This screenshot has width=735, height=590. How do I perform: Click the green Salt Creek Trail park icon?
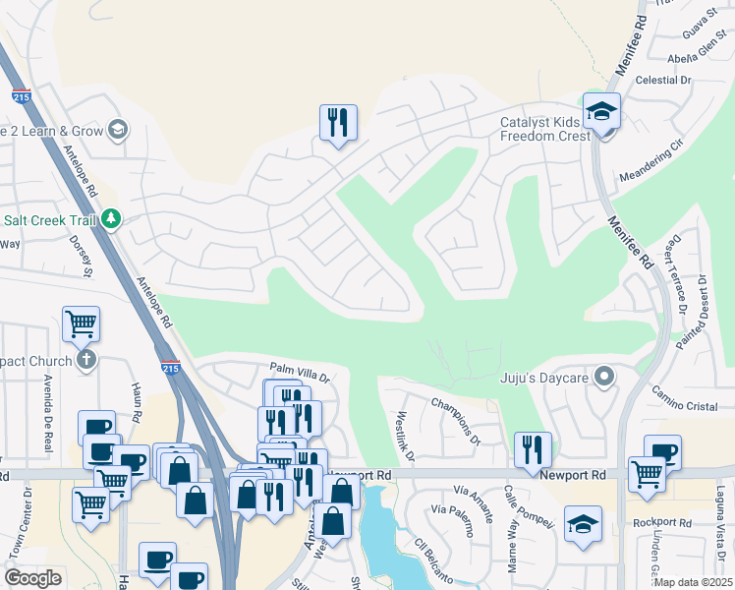click(x=112, y=218)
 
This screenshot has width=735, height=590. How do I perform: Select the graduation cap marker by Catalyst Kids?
click(x=600, y=112)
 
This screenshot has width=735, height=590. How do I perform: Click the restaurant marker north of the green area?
click(x=338, y=123)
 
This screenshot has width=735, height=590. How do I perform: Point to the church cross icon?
click(x=86, y=360)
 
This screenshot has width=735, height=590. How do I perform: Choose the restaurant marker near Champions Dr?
click(x=533, y=450)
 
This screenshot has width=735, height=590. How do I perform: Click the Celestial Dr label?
click(x=664, y=80)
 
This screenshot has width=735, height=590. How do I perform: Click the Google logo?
click(x=32, y=578)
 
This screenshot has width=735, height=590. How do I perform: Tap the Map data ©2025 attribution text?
click(x=695, y=582)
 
